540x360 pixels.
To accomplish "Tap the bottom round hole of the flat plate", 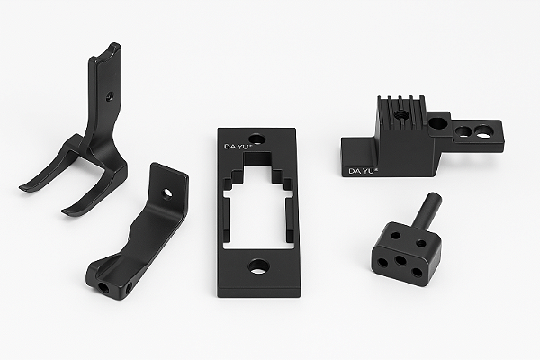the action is (257, 266).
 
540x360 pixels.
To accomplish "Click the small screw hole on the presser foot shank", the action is (109, 97).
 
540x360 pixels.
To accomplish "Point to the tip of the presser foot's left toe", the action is (21, 188).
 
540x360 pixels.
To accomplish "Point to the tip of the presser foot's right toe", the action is (64, 211).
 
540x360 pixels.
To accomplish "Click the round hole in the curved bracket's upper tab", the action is (168, 193).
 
